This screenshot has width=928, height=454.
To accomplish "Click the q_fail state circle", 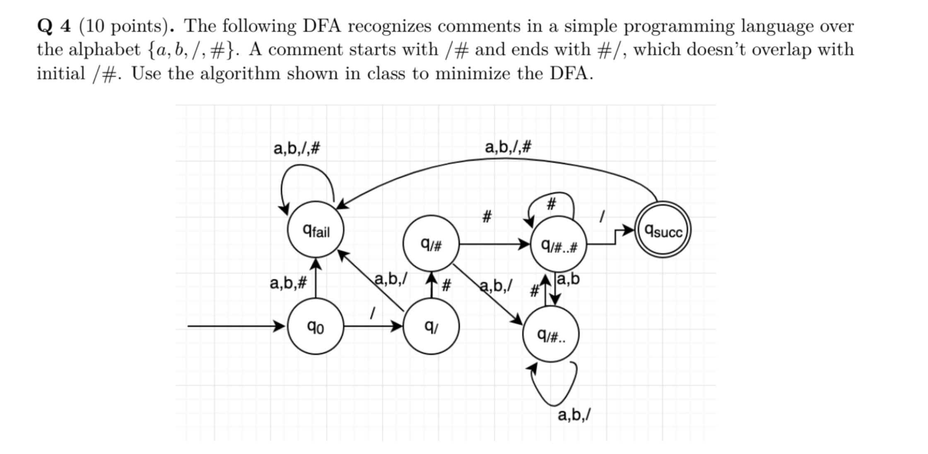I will [316, 230].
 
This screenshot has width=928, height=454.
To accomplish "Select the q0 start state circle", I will [316, 326].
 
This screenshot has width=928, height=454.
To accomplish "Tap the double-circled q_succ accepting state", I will [663, 230].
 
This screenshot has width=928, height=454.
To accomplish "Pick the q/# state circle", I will [431, 244].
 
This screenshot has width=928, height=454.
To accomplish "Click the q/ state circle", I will [431, 326].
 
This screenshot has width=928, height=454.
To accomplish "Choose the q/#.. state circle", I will [551, 334].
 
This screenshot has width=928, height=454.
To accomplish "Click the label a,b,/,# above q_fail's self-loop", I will [296, 148].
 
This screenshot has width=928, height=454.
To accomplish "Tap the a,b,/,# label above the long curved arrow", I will [508, 147].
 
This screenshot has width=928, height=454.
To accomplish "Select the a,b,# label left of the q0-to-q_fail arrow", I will [288, 283].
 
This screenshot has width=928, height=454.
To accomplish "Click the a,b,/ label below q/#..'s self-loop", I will [574, 414].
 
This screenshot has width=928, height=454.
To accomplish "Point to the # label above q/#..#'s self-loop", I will [551, 204].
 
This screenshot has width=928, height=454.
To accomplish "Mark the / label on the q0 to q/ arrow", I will [373, 313].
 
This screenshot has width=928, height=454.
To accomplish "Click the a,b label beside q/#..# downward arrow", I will [569, 279].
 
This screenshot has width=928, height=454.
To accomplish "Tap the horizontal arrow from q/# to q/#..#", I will [493, 244].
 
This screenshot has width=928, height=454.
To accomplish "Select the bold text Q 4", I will [54, 26].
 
